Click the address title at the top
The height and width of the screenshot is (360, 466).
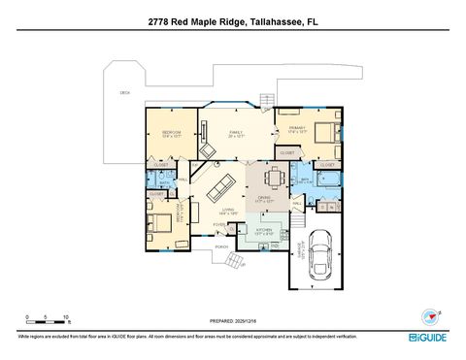point(232,19)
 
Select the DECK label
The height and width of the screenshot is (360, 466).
point(124,92)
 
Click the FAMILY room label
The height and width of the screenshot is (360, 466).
point(234,132)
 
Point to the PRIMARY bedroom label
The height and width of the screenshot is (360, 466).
point(296,127)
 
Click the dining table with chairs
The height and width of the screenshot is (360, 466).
point(275,178)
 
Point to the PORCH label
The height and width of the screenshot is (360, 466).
point(221,247)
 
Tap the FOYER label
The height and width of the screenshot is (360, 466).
point(219,224)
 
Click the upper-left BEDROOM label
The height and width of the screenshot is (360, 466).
point(173,132)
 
